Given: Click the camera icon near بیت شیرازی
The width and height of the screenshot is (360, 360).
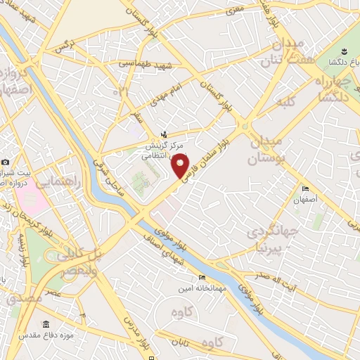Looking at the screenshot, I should tap(5, 162).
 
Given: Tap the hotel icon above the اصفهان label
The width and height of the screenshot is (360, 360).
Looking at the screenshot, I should tap(304, 188).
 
